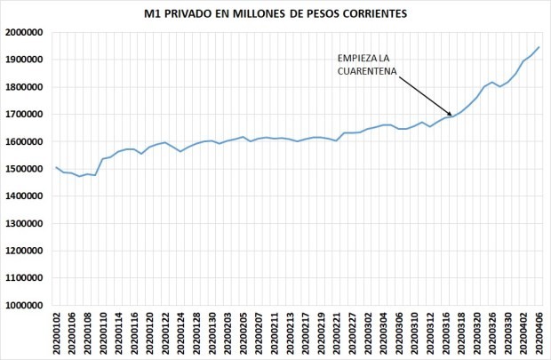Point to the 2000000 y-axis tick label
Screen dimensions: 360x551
[x=25, y=32]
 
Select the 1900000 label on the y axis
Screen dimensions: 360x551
[x=25, y=60]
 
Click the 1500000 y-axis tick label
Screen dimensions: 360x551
[x=25, y=169]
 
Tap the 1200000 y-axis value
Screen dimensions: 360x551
[x=25, y=251]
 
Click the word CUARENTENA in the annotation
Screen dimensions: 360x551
[x=364, y=73]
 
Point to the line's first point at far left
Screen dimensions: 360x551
[x=57, y=167]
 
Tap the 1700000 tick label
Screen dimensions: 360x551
[x=25, y=115]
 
